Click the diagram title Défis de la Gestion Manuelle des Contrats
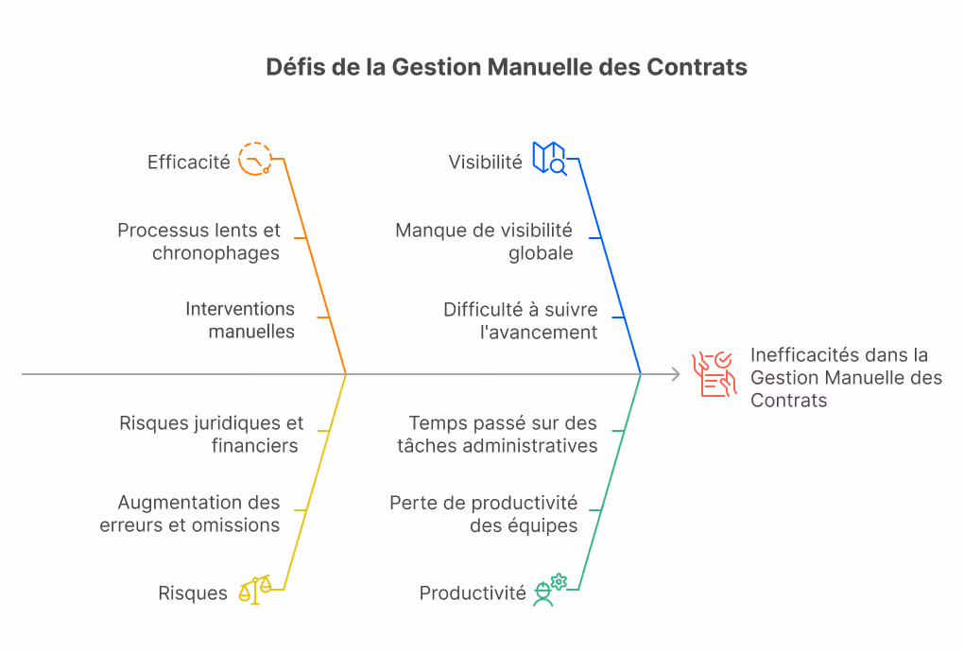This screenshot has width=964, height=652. pyautogui.click(x=506, y=67)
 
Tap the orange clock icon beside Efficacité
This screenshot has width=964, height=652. pyautogui.click(x=254, y=159)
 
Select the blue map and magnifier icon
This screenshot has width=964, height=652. pyautogui.click(x=549, y=159)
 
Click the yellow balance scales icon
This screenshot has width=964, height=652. pyautogui.click(x=255, y=590)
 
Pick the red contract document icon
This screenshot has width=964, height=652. pyautogui.click(x=714, y=374)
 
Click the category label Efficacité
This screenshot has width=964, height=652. pyautogui.click(x=188, y=163)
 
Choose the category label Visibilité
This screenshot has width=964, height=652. pyautogui.click(x=485, y=163)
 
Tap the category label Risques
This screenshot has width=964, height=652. pyautogui.click(x=193, y=593)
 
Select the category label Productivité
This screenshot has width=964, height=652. pyautogui.click(x=473, y=593)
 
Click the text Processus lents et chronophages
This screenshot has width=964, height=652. pyautogui.click(x=198, y=242)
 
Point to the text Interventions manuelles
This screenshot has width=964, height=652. pyautogui.click(x=240, y=320)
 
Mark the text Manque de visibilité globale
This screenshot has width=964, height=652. pyautogui.click(x=484, y=242)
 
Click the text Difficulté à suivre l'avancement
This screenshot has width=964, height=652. pyautogui.click(x=520, y=320)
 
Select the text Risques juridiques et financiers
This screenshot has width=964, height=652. pyautogui.click(x=211, y=435)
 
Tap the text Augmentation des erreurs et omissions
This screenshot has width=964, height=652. pyautogui.click(x=189, y=514)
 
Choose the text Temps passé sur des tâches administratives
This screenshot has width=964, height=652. pyautogui.click(x=497, y=435)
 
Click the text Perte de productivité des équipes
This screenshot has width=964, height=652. pyautogui.click(x=483, y=514)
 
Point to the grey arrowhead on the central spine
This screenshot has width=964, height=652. pyautogui.click(x=677, y=373)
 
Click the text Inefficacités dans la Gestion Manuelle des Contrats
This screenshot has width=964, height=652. pyautogui.click(x=846, y=377)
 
